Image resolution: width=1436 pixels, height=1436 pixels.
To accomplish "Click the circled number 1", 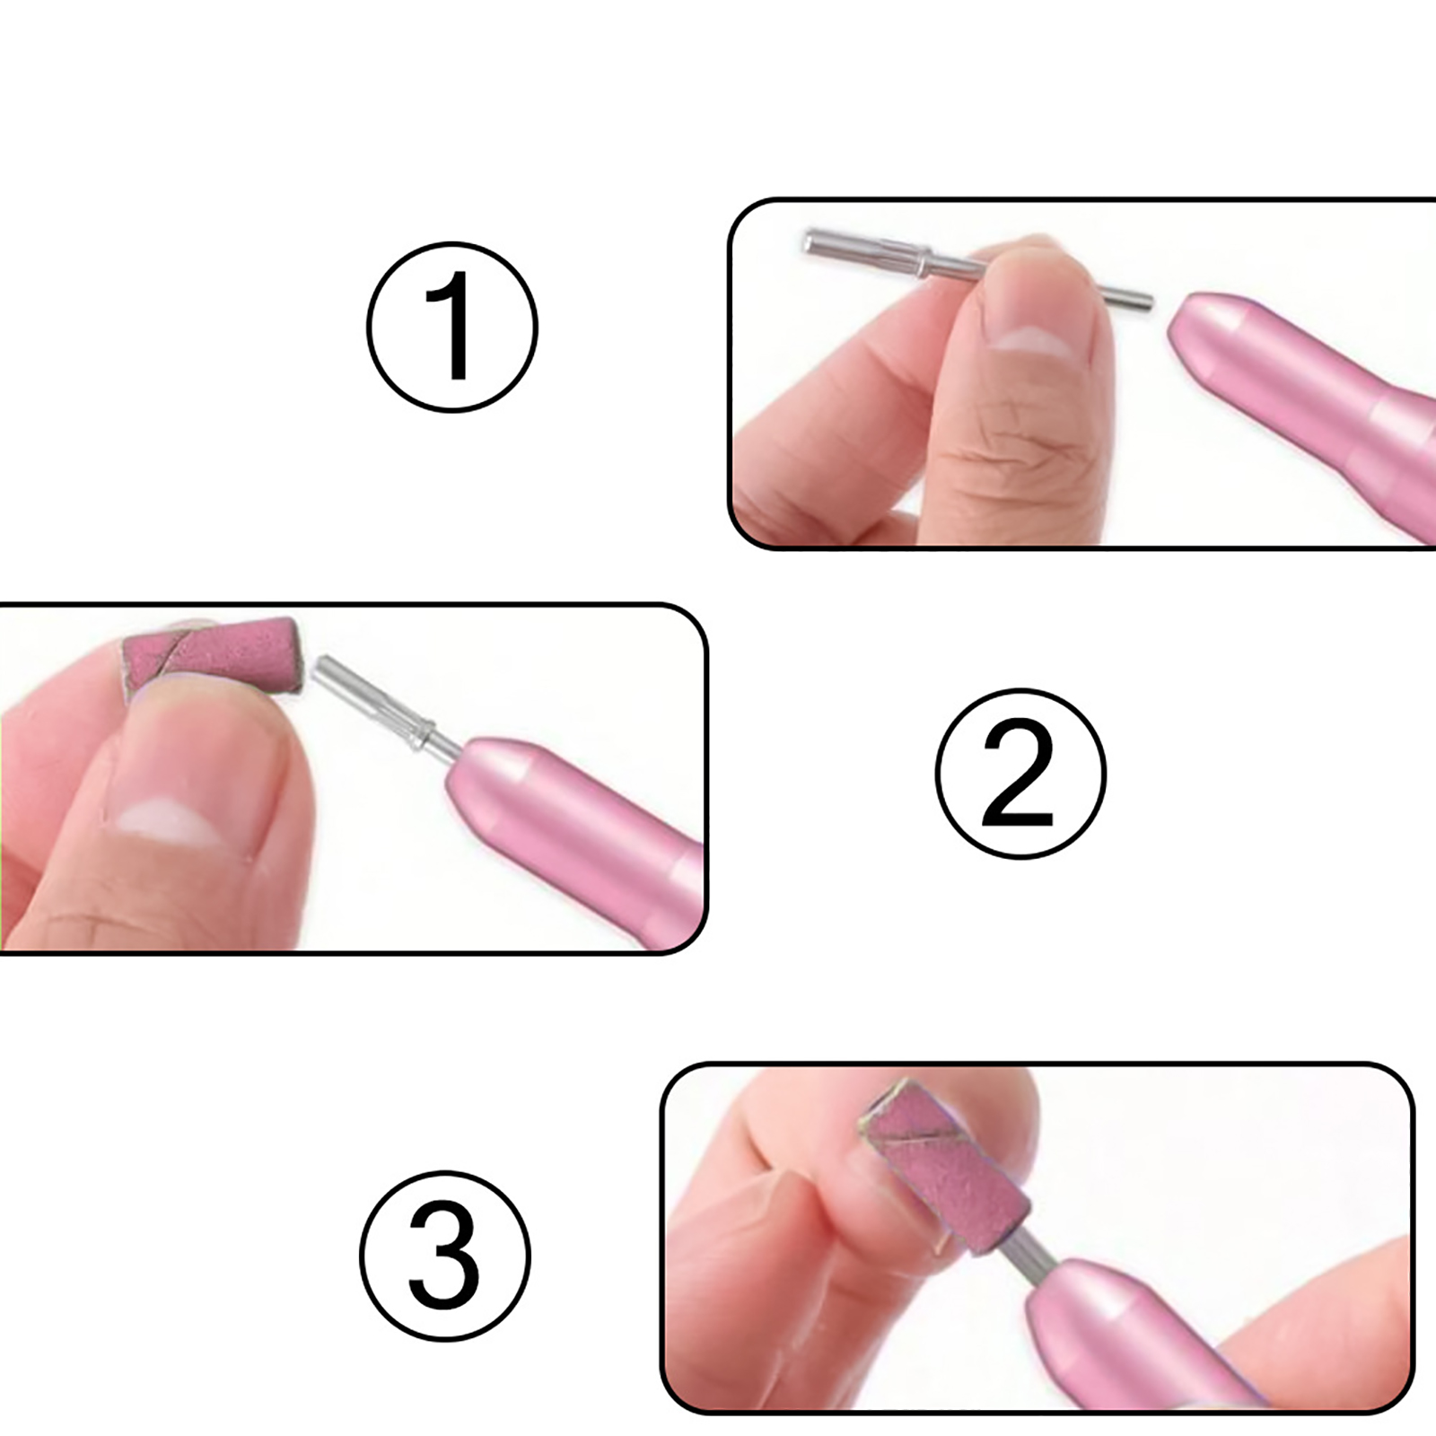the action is click(x=452, y=327).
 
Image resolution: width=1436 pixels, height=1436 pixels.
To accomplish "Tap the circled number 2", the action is click(x=1020, y=774).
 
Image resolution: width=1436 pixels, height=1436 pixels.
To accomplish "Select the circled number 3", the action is click(x=445, y=1256).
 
